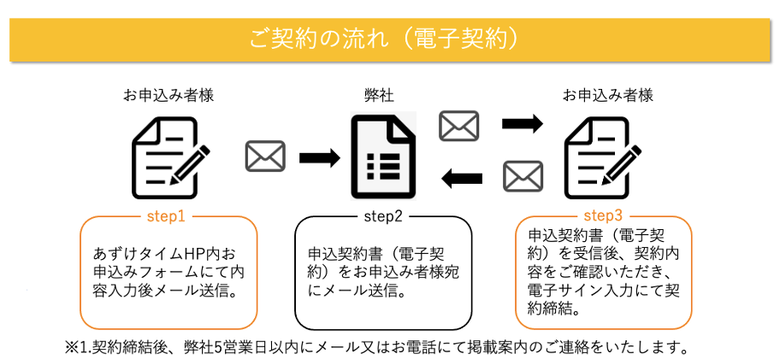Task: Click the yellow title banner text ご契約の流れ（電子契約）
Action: [x=387, y=39]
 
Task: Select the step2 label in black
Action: [x=383, y=217]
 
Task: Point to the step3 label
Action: [x=603, y=216]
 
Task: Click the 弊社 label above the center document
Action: [x=380, y=96]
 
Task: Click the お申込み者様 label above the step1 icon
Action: [x=168, y=96]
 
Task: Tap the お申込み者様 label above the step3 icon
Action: [x=608, y=96]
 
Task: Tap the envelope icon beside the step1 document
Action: [x=266, y=156]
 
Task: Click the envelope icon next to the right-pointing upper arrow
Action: [x=458, y=126]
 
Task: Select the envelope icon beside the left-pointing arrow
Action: [x=523, y=176]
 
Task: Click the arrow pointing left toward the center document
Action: [x=462, y=178]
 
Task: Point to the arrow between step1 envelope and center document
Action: [x=320, y=157]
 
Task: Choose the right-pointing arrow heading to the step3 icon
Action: [x=523, y=123]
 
